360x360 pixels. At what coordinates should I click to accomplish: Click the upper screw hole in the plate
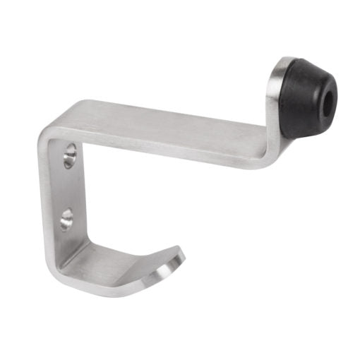(69, 156)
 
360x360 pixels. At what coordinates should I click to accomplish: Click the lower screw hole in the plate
(66, 218)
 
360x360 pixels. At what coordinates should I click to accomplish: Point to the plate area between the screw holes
(68, 187)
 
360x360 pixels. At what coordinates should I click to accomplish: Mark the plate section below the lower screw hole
(65, 244)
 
